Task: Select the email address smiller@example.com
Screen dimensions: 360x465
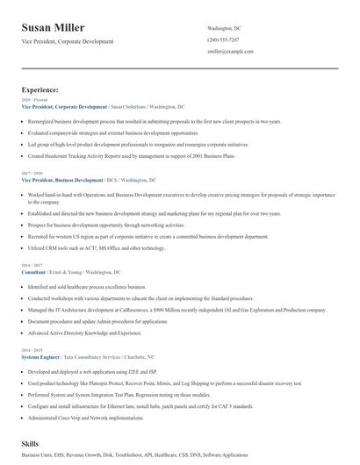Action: pos(230,52)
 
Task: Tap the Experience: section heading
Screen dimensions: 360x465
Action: pos(40,89)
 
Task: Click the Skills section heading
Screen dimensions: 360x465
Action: pos(31,446)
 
